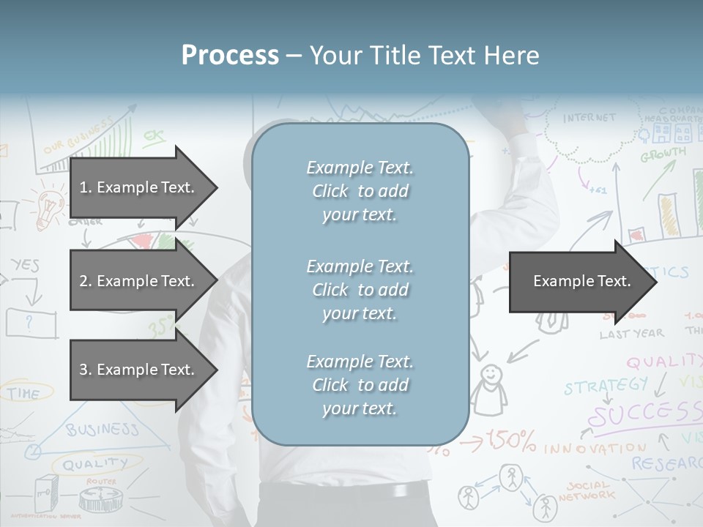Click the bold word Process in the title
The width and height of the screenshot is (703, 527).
[230, 56]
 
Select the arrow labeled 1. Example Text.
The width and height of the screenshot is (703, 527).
[139, 187]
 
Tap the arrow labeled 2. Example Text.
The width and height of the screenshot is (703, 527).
[139, 281]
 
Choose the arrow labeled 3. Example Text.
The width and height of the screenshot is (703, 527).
[139, 370]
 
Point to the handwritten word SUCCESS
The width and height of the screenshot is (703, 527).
[644, 414]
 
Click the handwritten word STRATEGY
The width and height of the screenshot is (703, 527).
[606, 386]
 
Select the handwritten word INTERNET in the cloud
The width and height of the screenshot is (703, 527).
[589, 118]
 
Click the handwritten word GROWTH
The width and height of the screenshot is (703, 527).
[663, 154]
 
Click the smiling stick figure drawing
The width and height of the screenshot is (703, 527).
[488, 388]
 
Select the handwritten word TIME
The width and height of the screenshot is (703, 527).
[23, 394]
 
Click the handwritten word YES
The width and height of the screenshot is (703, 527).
[25, 265]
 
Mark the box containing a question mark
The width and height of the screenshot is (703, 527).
[31, 322]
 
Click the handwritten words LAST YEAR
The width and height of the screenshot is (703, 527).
[631, 334]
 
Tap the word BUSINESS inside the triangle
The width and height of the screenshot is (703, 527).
[102, 429]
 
